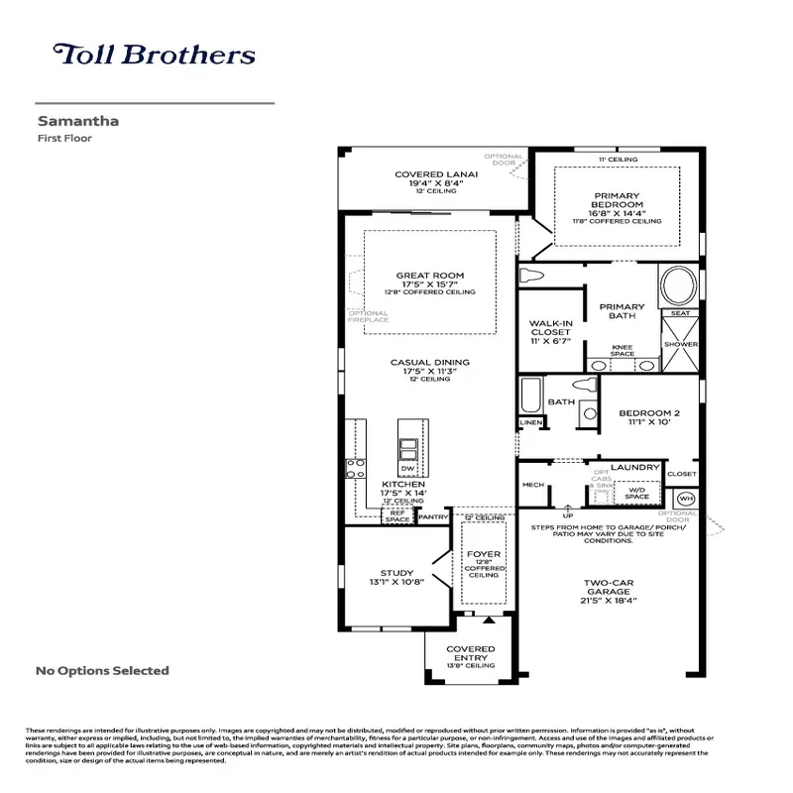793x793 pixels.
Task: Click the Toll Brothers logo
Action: click(x=154, y=55)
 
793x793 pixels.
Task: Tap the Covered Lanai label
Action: click(x=436, y=174)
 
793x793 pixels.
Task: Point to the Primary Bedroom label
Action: click(x=617, y=201)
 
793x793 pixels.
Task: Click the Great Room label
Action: click(x=430, y=276)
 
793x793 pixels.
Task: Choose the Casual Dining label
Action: click(x=429, y=363)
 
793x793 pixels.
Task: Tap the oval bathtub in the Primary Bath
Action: click(x=679, y=287)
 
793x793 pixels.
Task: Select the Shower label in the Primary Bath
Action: click(x=680, y=344)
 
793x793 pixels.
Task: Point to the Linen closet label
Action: click(x=531, y=423)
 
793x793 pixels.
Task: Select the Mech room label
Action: click(x=533, y=485)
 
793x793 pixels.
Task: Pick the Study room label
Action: click(x=396, y=573)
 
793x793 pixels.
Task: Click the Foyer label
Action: click(x=484, y=554)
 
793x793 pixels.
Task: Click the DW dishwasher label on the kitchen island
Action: click(x=406, y=468)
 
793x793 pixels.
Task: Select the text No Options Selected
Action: click(x=102, y=671)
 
